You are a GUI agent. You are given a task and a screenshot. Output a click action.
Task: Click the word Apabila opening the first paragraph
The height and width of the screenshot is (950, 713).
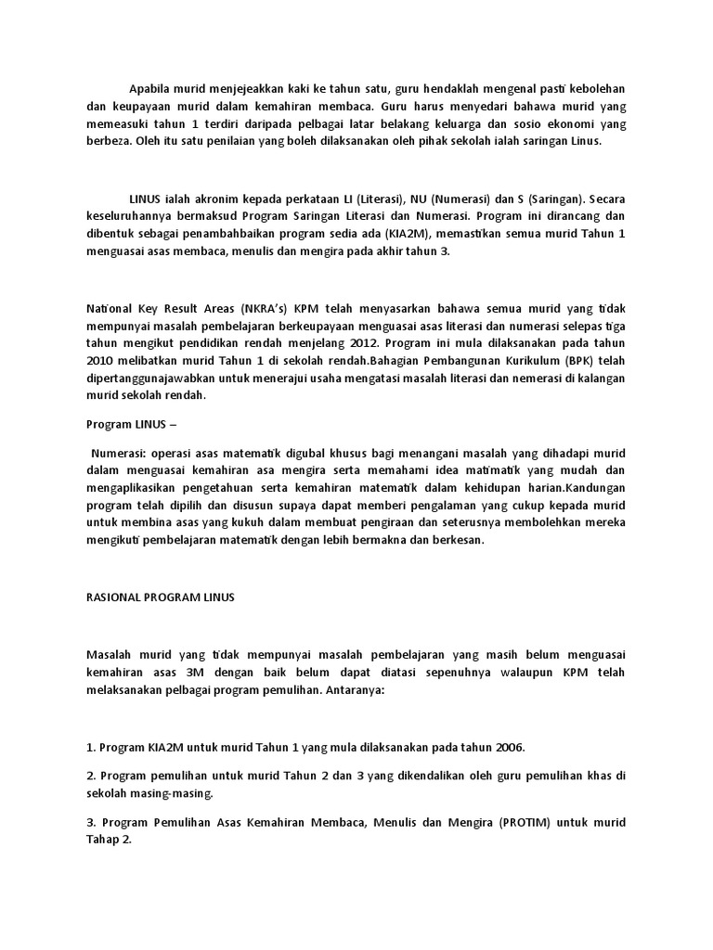(150, 87)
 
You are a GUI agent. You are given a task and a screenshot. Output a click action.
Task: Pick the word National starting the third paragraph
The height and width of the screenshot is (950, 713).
(111, 307)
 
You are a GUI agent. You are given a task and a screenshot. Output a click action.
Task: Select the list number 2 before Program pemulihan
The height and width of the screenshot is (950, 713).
(90, 776)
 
